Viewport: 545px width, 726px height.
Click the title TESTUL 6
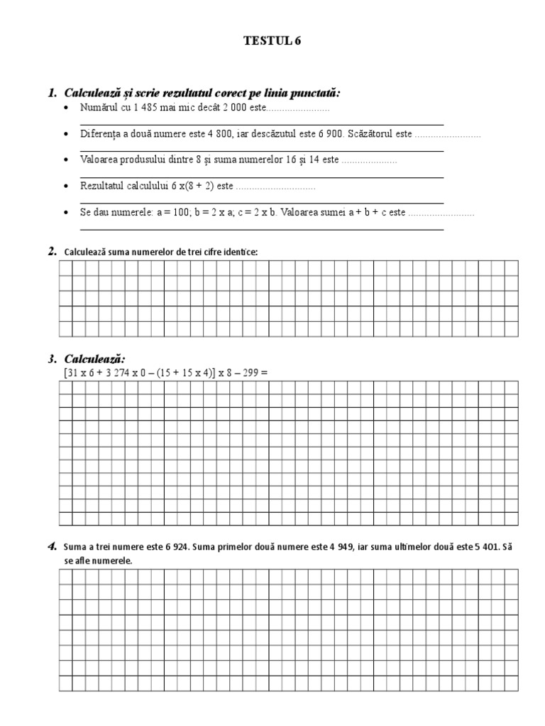pos(272,41)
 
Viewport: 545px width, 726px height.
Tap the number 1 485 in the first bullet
pos(145,109)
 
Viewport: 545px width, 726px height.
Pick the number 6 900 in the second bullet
pos(326,134)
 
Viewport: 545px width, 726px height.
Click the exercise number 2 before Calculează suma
pos(53,251)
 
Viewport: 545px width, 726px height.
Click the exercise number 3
pos(53,359)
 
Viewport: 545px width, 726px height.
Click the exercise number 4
pos(53,547)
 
